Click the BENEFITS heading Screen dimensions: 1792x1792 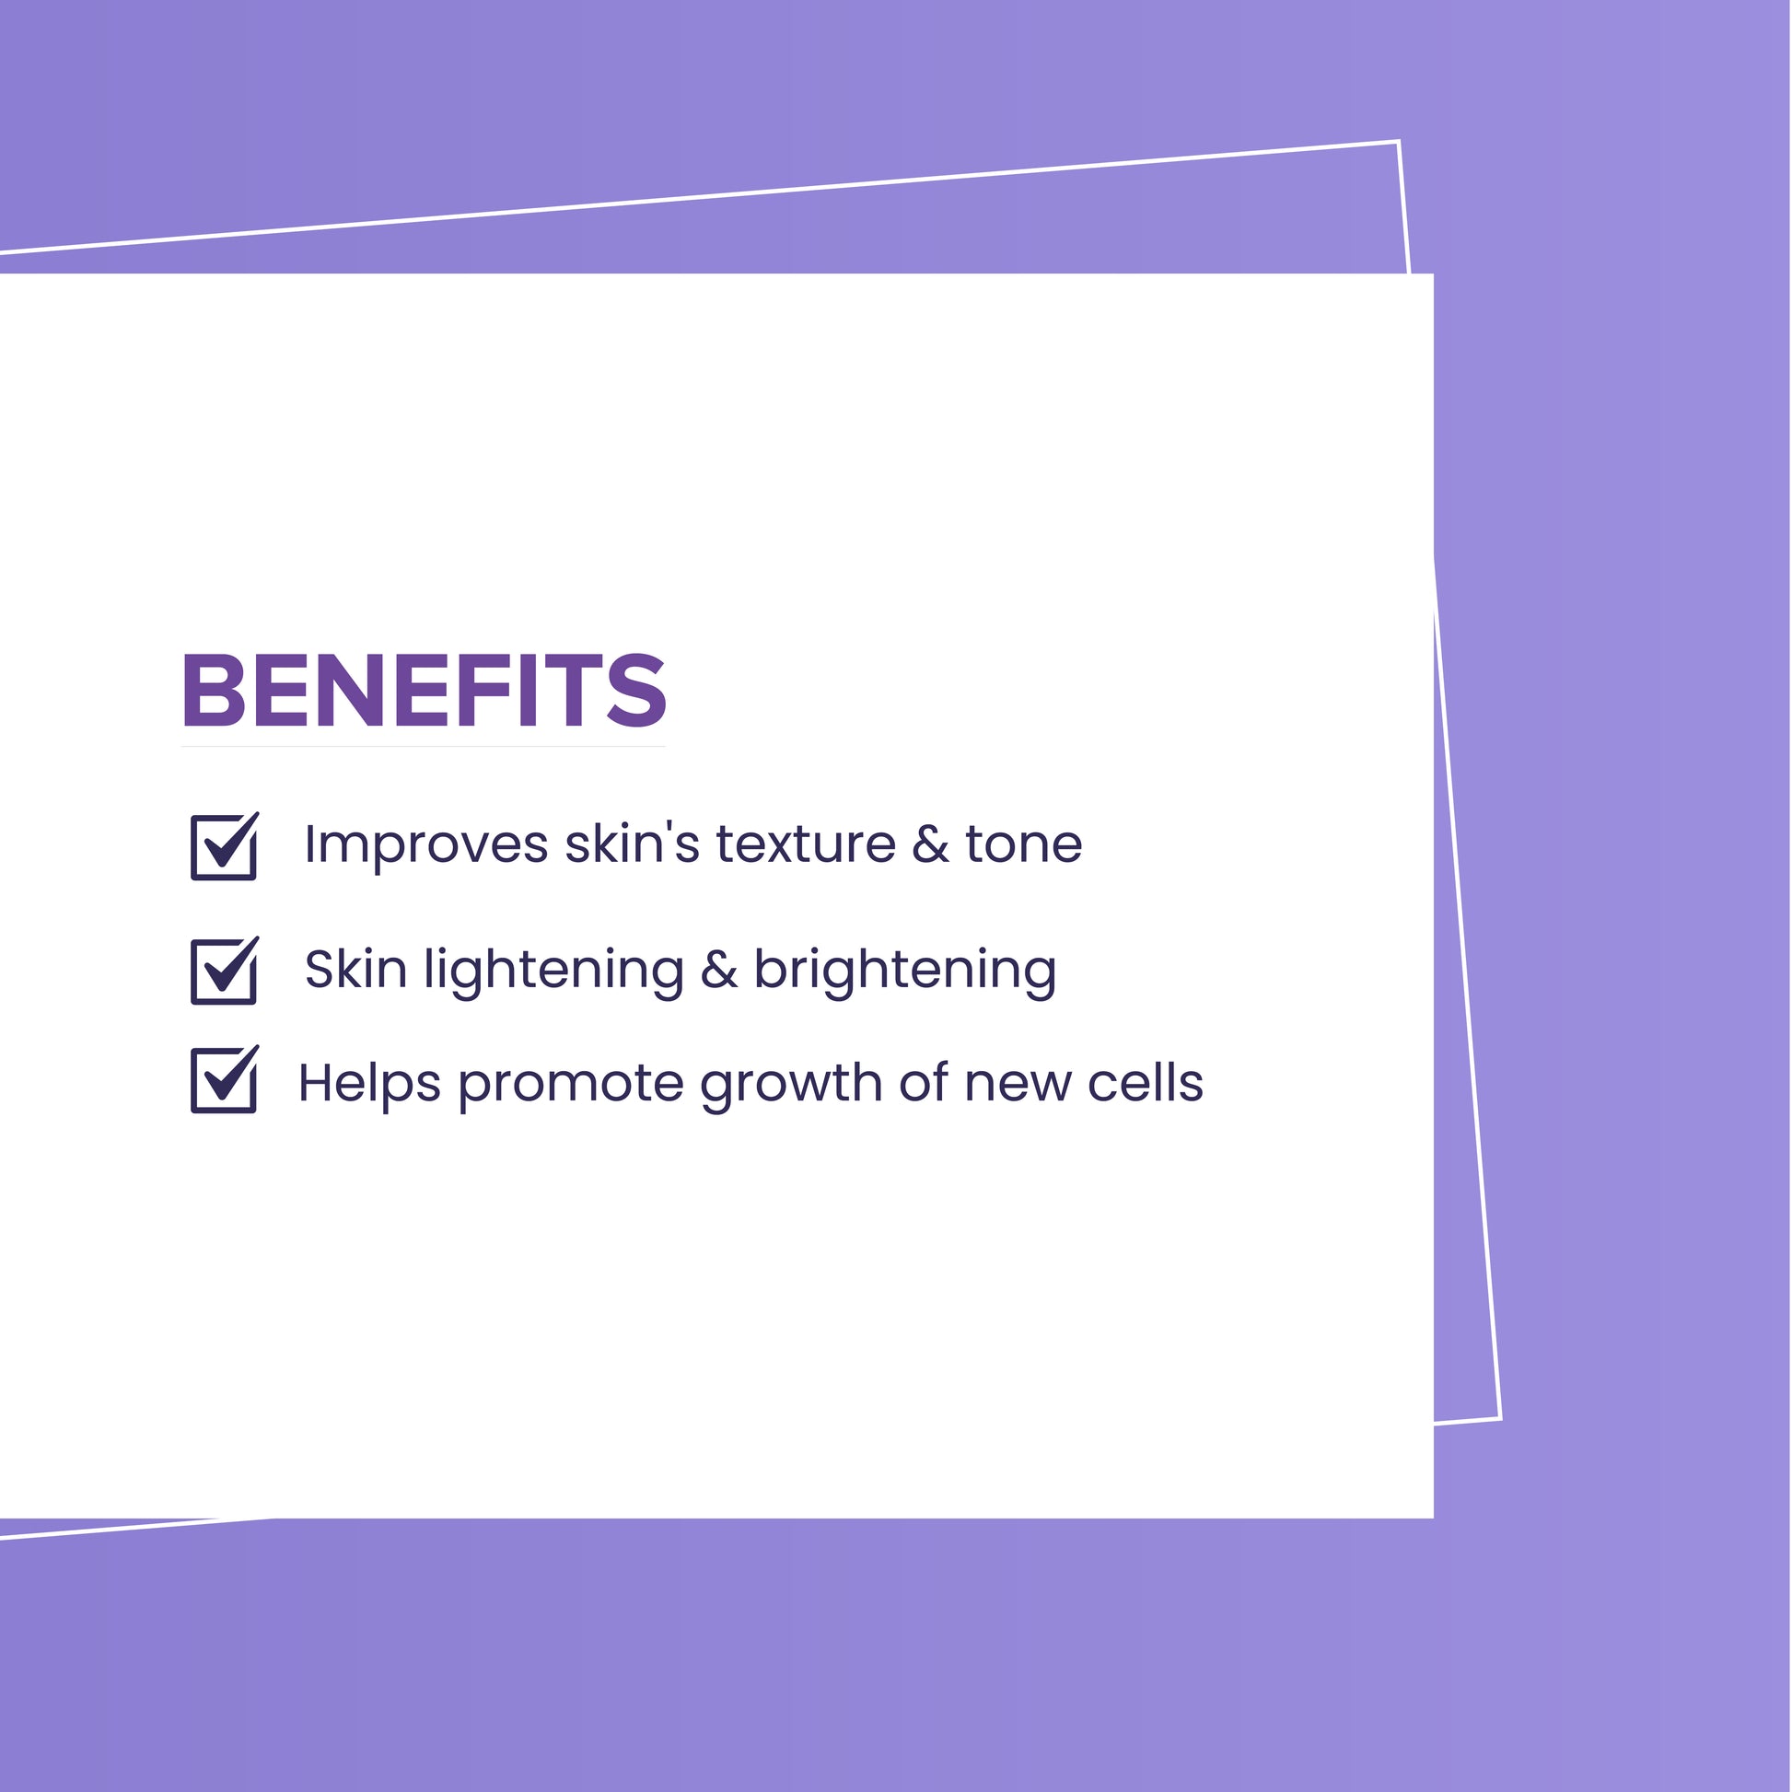pos(424,690)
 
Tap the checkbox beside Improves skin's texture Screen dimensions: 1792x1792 pos(225,846)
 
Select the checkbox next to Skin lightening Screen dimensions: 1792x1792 pos(225,972)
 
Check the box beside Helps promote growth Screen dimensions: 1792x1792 pos(225,1078)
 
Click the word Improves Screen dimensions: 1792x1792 pos(426,846)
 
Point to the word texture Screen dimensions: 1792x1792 pos(805,844)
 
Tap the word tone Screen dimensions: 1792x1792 pos(1023,845)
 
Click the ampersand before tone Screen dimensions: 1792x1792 pos(930,844)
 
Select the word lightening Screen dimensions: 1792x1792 pos(553,972)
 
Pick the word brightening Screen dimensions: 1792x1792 pos(904,972)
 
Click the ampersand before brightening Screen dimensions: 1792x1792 pos(719,970)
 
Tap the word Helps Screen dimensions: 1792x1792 pos(369,1083)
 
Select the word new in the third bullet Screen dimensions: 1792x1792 pos(1018,1084)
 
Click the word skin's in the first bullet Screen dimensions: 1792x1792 pos(632,844)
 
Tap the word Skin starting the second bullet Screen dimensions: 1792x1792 pos(356,970)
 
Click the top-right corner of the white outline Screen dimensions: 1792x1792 pos(1398,142)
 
